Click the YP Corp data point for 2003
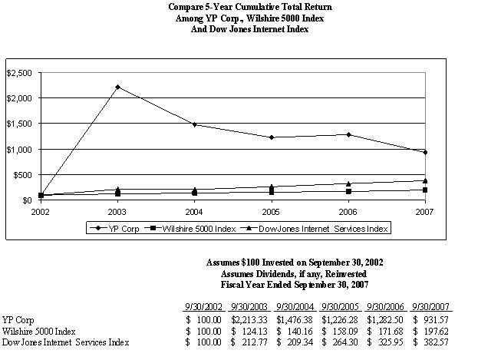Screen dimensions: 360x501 coord(117,87)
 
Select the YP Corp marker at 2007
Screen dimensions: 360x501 coord(425,152)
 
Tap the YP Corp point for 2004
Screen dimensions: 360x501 coord(194,124)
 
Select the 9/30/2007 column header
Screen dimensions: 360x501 coord(433,306)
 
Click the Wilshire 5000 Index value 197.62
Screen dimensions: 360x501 coord(433,330)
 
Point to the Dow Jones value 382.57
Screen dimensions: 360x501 coord(433,342)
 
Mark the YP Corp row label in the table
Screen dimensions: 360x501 coord(18,319)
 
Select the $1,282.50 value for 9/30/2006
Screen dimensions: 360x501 coord(387,319)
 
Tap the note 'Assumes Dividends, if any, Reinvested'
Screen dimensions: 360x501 coord(295,273)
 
